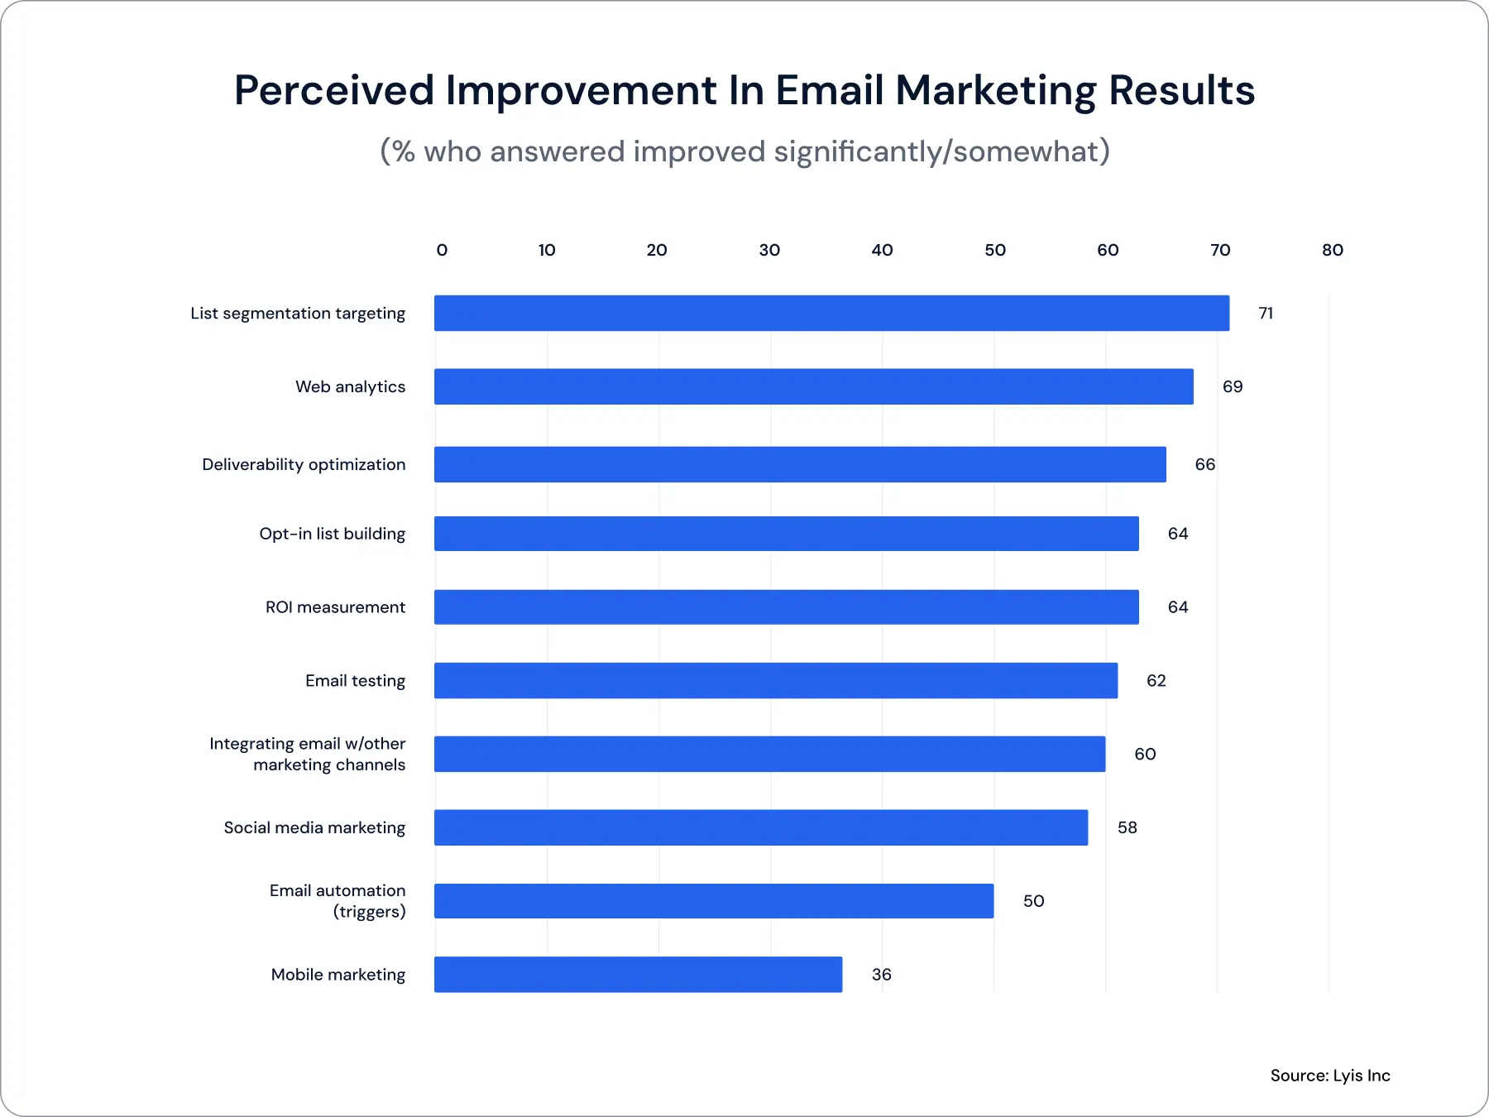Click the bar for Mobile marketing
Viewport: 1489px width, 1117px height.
(x=638, y=975)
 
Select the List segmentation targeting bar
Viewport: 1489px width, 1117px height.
(x=831, y=314)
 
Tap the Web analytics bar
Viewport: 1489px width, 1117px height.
(x=813, y=386)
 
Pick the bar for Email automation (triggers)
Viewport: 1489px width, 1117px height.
(x=713, y=901)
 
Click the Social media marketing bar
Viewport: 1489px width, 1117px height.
(x=760, y=827)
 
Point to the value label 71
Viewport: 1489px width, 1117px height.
(x=1265, y=314)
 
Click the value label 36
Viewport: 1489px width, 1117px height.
(x=881, y=975)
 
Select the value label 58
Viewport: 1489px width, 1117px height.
(x=1127, y=827)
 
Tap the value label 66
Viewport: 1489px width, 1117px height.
(x=1204, y=465)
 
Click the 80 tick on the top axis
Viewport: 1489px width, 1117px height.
(x=1332, y=250)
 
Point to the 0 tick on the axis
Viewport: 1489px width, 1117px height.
(x=442, y=250)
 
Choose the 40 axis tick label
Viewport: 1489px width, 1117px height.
(x=882, y=250)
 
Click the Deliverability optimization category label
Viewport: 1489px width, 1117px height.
(x=304, y=465)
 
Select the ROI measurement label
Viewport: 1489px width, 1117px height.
(x=335, y=607)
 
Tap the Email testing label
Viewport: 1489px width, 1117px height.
(x=355, y=681)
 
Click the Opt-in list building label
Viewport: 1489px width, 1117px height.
(x=332, y=534)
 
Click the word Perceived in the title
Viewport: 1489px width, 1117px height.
(x=333, y=91)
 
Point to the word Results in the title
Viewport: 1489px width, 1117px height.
(x=1181, y=91)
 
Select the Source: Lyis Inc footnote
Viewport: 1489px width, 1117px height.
(x=1329, y=1076)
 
